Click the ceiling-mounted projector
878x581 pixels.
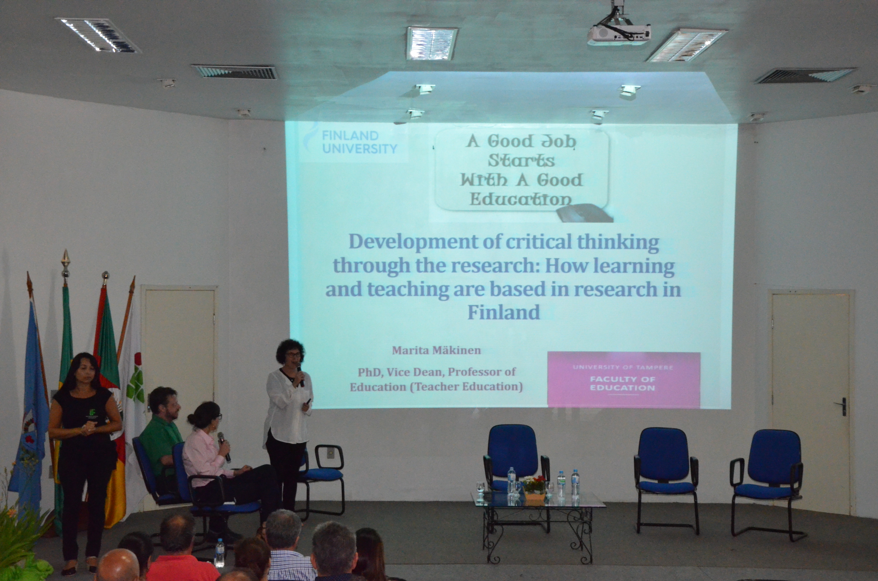(x=619, y=33)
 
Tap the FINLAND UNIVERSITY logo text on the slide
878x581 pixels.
(x=359, y=142)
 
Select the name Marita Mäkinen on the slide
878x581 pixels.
(x=437, y=351)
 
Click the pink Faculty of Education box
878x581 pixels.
(x=624, y=380)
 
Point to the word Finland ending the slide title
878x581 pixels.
(x=503, y=312)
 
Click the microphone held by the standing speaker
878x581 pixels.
(x=300, y=375)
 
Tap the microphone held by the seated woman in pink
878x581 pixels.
(x=224, y=447)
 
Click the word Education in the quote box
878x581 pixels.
(x=521, y=199)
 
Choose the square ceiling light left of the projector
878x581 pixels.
(x=431, y=43)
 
